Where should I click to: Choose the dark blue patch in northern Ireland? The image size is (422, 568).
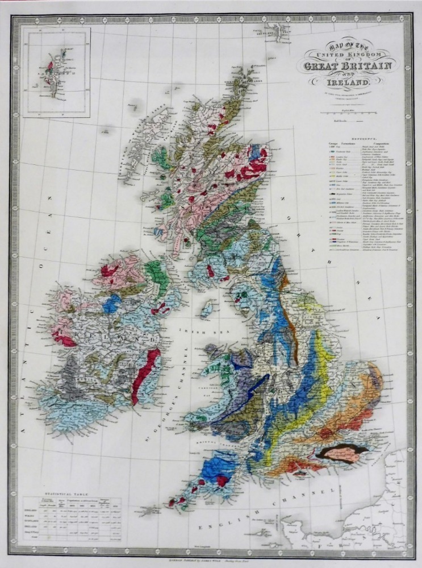tap(112, 303)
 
